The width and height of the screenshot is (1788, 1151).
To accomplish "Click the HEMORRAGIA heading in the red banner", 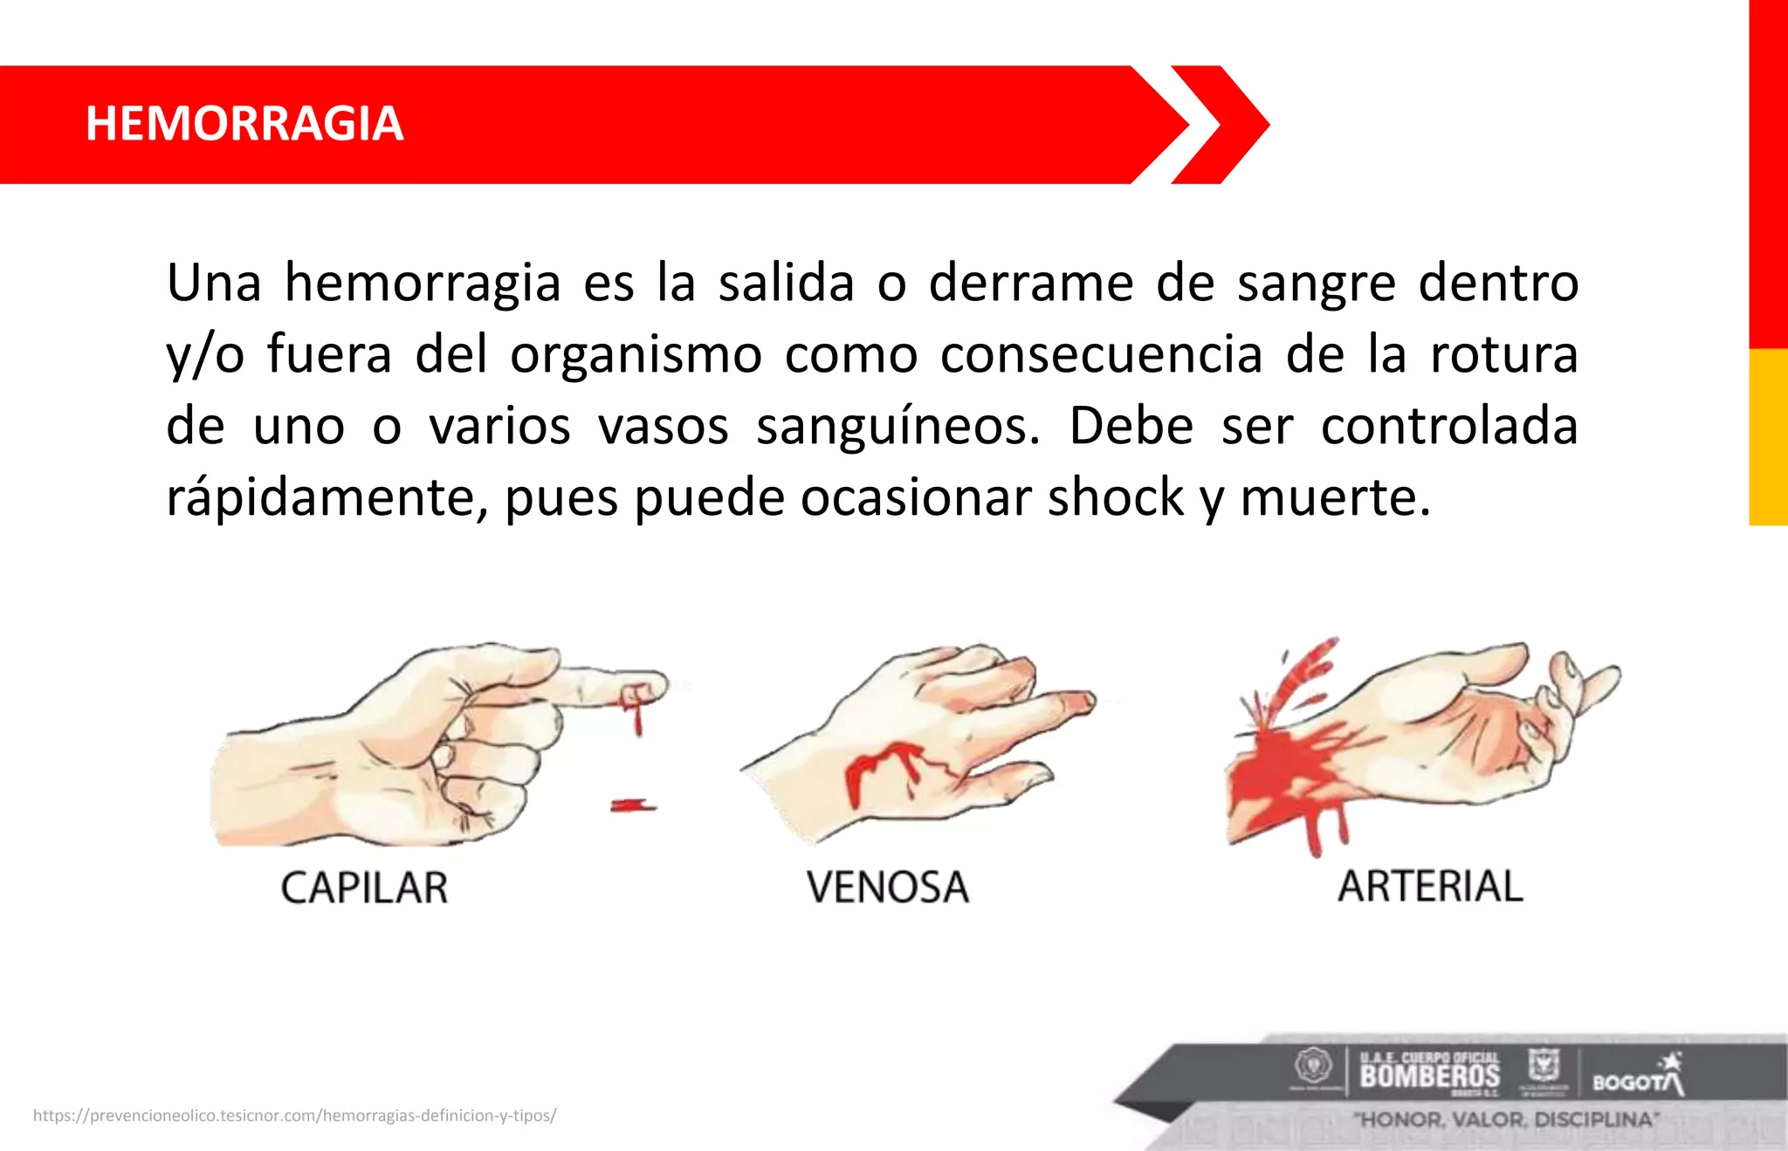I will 244,123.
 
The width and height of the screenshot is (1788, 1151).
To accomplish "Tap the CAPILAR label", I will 364,887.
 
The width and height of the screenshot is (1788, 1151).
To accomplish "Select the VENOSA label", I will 887,887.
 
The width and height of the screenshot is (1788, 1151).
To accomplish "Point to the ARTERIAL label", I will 1430,886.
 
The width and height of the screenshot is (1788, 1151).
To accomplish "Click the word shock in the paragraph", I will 1115,497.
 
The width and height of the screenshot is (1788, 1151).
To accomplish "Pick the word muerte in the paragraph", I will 1334,497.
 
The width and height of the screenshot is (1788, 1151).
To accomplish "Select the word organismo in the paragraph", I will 636,354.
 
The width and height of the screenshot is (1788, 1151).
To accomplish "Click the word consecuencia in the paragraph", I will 1101,354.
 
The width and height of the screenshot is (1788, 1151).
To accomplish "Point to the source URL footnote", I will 294,1115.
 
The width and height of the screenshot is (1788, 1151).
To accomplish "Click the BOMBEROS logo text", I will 1429,1075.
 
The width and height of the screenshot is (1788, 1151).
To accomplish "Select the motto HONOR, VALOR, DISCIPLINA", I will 1505,1119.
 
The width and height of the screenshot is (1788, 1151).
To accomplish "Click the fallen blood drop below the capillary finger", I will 632,805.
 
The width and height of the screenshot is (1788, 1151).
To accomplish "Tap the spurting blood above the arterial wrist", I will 1301,676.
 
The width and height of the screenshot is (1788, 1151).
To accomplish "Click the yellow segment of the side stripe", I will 1768,436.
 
